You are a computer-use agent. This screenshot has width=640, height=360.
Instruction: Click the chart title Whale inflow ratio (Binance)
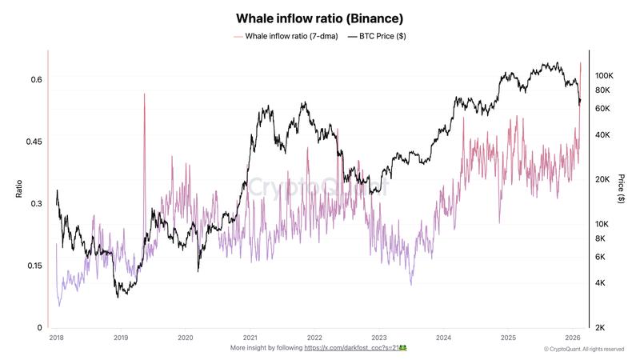(319, 18)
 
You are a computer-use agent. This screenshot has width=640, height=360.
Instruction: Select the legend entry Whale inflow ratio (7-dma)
(286, 37)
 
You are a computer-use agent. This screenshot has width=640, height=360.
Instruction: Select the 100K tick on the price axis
(604, 74)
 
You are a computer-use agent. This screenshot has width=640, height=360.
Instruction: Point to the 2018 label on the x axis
(56, 338)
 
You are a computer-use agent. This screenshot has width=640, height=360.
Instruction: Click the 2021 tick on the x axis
(250, 338)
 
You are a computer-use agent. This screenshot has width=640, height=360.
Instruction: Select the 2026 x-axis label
(573, 338)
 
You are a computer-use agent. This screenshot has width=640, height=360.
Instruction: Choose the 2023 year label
(379, 338)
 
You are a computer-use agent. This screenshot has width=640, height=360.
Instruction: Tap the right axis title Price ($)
(622, 189)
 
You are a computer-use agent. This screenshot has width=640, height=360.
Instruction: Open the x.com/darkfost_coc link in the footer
(356, 349)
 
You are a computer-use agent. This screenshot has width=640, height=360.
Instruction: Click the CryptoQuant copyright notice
(584, 350)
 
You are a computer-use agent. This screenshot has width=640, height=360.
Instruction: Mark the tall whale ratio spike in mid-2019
(145, 96)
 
